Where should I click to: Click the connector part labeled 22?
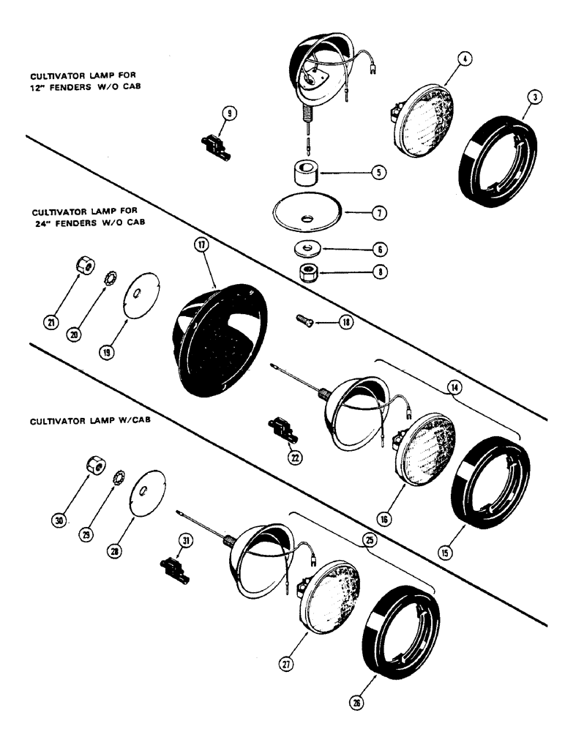click(281, 432)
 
